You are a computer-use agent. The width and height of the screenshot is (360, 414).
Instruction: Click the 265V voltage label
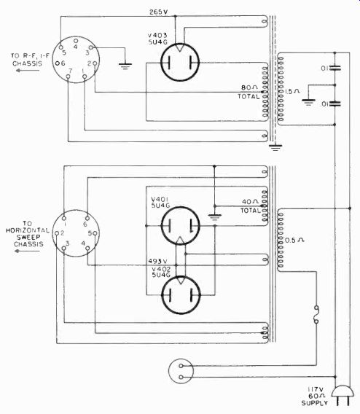(158, 12)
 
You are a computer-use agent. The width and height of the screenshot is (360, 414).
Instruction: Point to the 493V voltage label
(157, 261)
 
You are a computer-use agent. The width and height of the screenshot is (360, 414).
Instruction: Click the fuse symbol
(316, 314)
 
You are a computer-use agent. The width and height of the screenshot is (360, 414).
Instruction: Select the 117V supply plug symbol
(343, 395)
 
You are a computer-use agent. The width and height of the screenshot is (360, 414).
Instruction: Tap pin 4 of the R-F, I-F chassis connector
(76, 41)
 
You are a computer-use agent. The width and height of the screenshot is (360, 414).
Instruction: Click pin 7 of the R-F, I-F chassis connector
(68, 77)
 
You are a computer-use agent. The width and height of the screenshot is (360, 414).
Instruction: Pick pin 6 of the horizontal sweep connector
(87, 218)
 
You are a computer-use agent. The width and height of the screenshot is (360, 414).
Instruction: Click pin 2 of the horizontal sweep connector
(57, 233)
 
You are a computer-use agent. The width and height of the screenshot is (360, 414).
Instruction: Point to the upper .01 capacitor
(334, 68)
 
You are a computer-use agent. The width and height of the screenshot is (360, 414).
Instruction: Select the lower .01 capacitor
(334, 103)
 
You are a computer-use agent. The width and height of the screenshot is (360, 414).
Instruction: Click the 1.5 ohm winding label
(292, 91)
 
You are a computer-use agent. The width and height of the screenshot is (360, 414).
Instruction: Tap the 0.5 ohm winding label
(294, 241)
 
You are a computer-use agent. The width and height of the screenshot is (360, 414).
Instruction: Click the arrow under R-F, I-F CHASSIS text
(28, 70)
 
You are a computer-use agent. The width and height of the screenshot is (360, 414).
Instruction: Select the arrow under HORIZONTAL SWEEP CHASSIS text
(27, 251)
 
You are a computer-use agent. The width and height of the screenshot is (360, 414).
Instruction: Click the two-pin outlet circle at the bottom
(181, 371)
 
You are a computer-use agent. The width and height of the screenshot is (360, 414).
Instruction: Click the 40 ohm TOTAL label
(250, 206)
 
